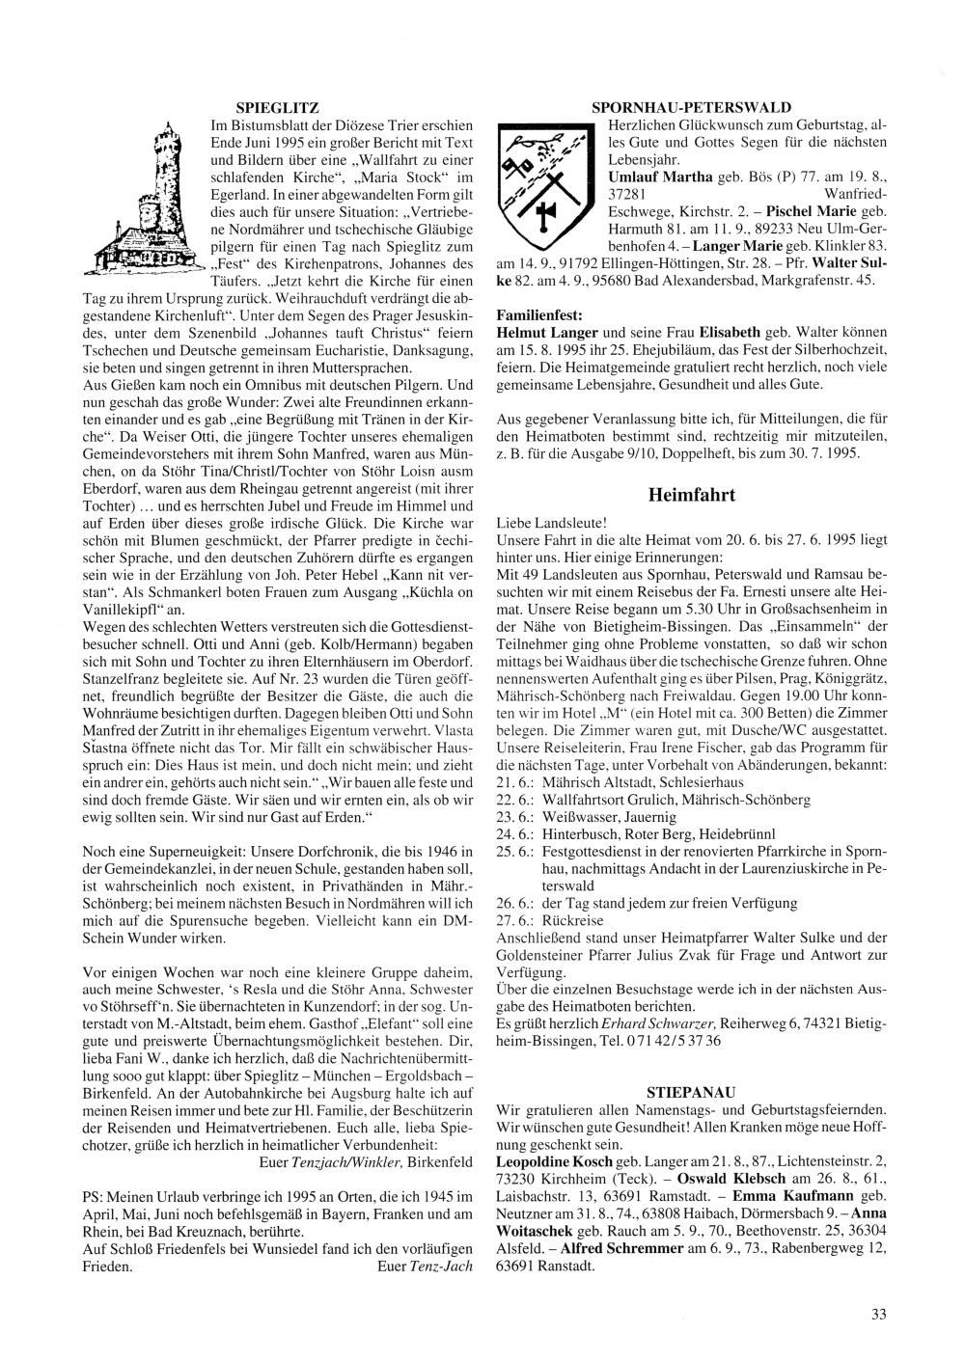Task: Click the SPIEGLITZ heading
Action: (x=277, y=107)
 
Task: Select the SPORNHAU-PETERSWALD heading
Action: (x=691, y=107)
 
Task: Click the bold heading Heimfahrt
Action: (x=691, y=495)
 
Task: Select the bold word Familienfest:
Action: (x=539, y=315)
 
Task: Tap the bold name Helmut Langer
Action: (x=534, y=333)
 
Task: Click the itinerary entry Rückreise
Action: (x=574, y=921)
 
